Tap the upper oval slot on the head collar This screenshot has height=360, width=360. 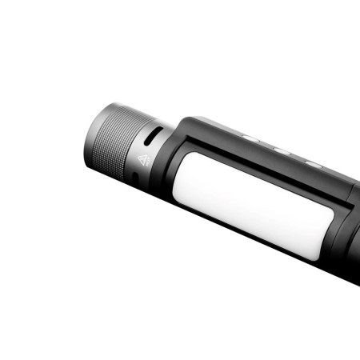pos(158,128)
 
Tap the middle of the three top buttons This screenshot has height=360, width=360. pos(281,150)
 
